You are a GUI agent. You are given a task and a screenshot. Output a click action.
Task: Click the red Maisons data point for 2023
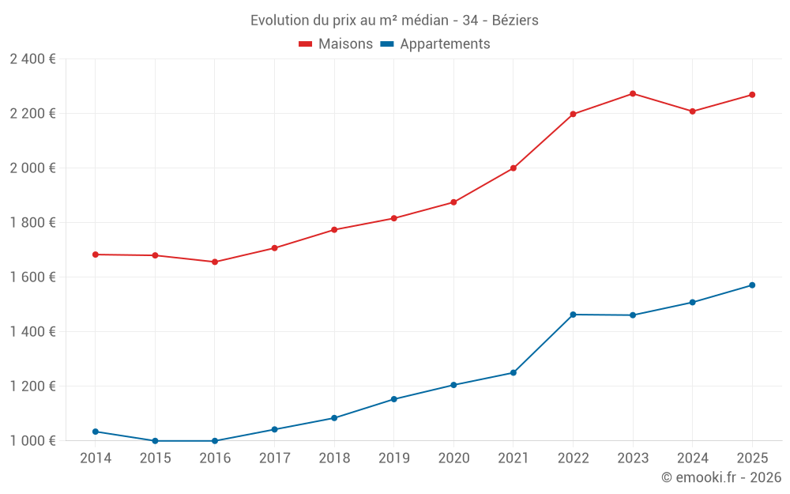(633, 94)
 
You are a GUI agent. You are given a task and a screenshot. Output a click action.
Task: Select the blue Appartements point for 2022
(573, 315)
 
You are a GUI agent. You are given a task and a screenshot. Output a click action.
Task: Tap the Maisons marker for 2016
(215, 262)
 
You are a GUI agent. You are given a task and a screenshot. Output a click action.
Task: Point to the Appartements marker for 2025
(752, 285)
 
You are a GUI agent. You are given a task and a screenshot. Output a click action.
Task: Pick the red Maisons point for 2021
(513, 168)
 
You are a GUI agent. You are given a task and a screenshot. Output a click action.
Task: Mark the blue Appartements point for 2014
(96, 432)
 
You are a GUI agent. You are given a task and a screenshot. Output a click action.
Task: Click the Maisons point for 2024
(692, 111)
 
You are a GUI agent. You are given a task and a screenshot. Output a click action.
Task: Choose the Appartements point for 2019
(394, 399)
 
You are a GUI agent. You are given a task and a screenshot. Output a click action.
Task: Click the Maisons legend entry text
(345, 44)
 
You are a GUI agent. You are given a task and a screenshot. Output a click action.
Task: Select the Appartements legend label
(445, 44)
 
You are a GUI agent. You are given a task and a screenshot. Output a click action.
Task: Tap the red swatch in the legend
(306, 44)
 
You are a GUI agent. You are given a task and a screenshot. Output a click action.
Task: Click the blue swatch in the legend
(387, 44)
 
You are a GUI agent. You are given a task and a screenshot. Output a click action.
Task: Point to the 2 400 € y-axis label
(32, 59)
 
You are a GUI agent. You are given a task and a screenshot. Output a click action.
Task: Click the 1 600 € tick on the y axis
(32, 277)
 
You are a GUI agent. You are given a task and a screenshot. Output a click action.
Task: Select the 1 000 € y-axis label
(32, 441)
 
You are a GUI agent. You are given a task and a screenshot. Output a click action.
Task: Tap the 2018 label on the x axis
(334, 458)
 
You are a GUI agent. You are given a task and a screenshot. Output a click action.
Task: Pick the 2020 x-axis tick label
(453, 458)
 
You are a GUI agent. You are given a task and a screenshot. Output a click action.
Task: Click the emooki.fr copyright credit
(721, 477)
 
